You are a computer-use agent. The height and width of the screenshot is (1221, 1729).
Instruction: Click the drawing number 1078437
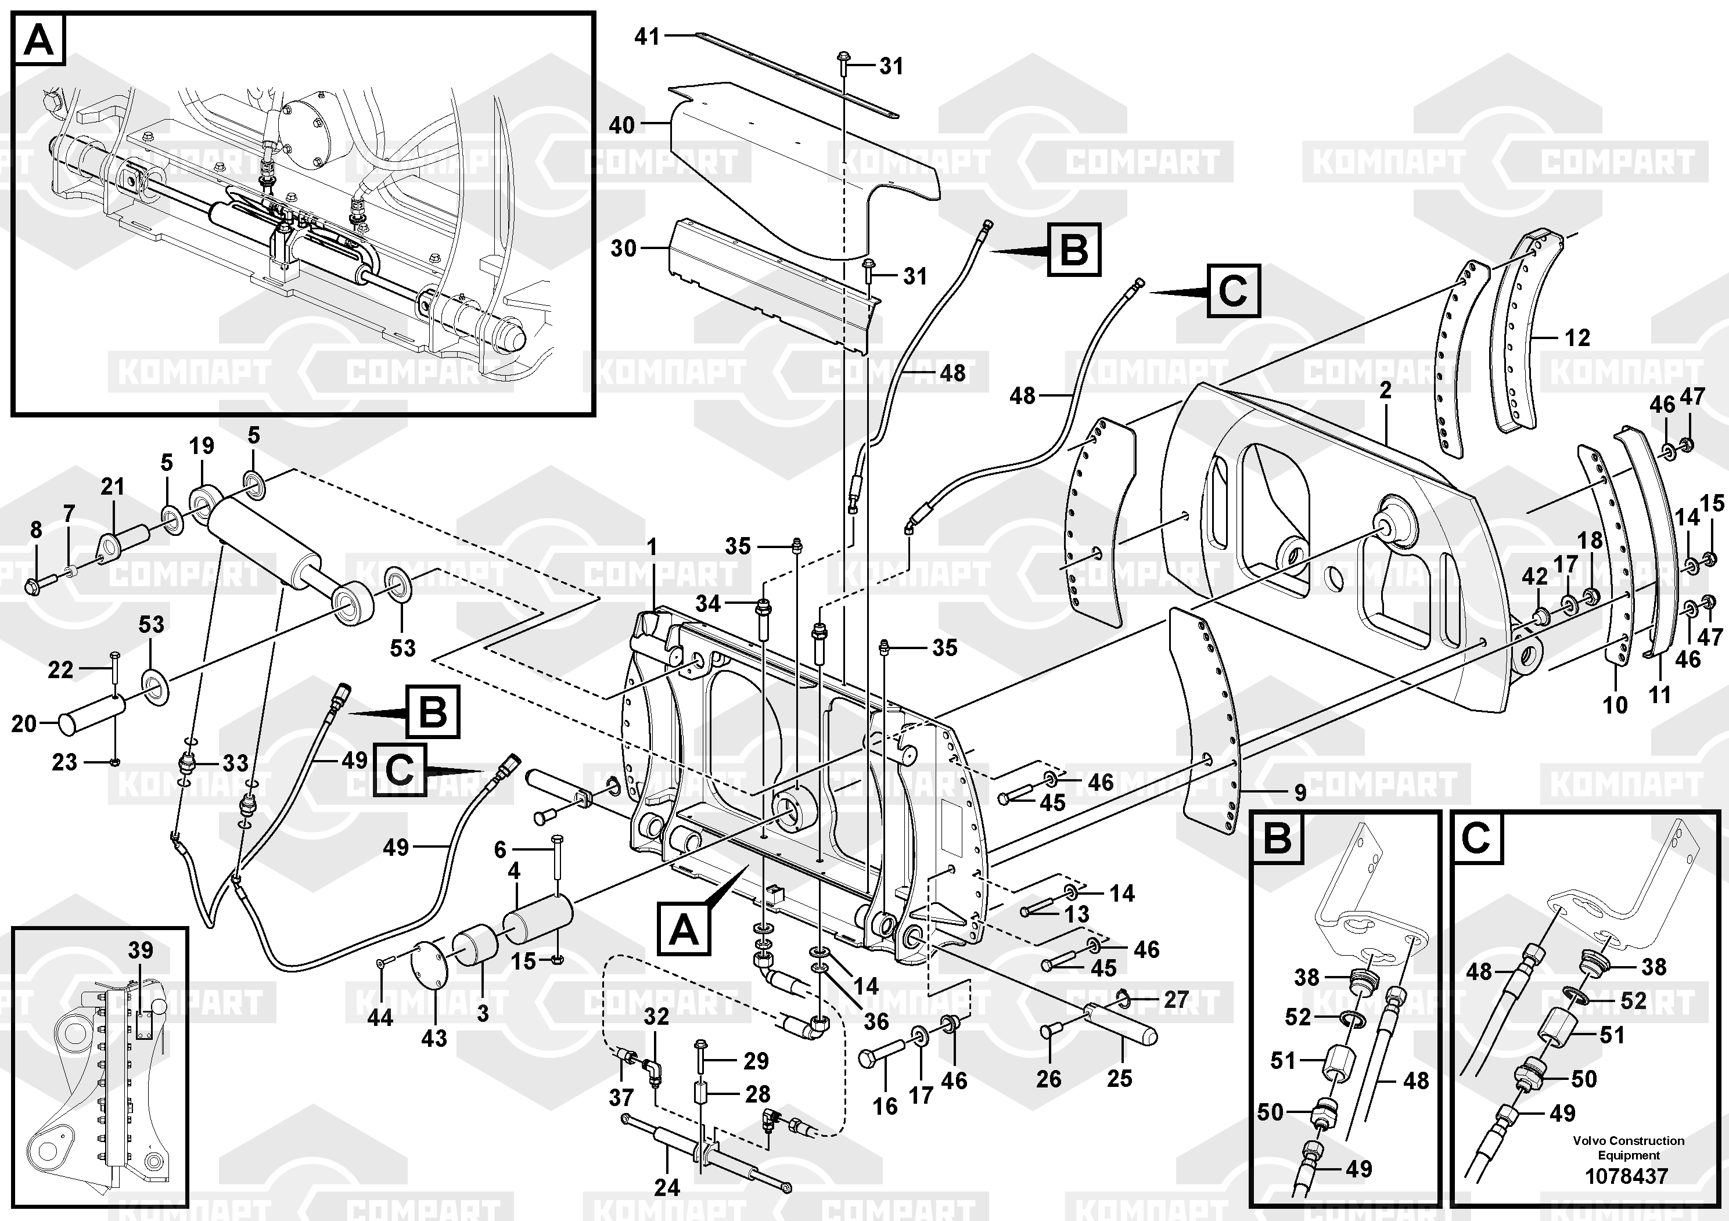point(1627,1176)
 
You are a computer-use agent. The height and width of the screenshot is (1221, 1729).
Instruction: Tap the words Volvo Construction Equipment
point(1628,1148)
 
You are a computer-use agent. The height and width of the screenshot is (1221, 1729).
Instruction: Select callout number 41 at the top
point(647,36)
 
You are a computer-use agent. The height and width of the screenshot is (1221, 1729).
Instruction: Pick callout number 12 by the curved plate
point(1577,338)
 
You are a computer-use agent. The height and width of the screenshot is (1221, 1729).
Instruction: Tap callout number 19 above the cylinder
point(201,446)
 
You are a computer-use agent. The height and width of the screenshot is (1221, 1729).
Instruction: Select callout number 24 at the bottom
point(666,1187)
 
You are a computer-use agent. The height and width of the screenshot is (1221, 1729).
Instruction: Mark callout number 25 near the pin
point(1119,1078)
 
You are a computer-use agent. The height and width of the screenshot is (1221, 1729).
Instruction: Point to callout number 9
point(1300,792)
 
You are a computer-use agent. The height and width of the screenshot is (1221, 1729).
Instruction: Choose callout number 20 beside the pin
point(24,723)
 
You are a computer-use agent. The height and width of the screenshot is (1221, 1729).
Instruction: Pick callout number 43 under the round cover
point(434,1038)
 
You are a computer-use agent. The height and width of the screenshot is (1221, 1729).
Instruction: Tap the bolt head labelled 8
point(34,586)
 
